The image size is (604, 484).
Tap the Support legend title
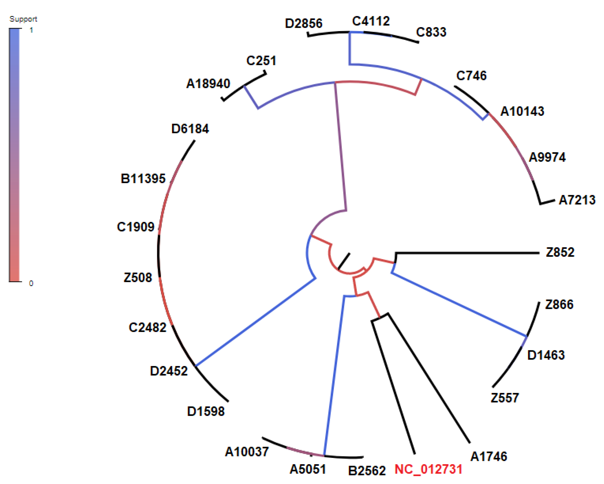pos(23,19)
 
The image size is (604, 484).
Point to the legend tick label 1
pos(31,30)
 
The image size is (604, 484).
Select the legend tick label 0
pos(31,283)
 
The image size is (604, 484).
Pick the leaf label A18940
pos(208,84)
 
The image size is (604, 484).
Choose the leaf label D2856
pos(303,23)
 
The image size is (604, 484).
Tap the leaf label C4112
pos(371,21)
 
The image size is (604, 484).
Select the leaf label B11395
pos(143,178)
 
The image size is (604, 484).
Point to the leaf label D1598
pos(206,411)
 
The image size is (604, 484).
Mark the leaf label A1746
pos(489,456)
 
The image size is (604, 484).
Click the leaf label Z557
pos(505,398)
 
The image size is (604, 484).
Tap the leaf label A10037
pos(247,452)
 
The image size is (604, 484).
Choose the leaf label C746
pos(471,76)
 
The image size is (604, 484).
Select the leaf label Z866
pos(559,304)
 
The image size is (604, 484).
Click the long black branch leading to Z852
pos(468,253)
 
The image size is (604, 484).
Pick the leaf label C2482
pos(147,327)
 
